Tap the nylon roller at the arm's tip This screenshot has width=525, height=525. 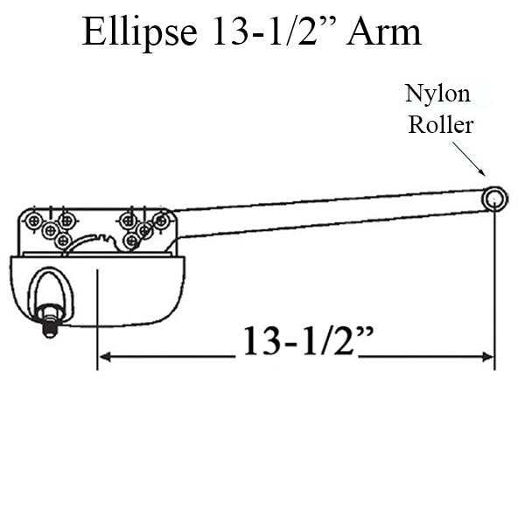pos(494,199)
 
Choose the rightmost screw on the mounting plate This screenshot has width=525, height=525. pos(161,221)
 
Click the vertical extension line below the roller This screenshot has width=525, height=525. pos(494,289)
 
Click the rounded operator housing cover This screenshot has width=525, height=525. pos(131,289)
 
